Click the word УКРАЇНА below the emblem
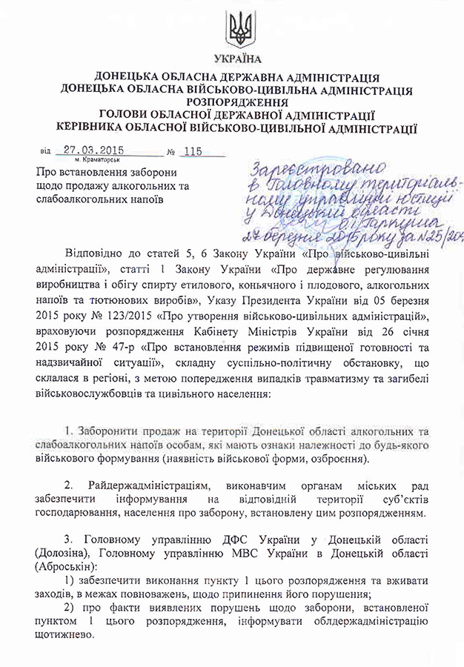pos(237,59)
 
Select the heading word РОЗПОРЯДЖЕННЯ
pos(237,102)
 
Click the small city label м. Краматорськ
pos(97,159)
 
